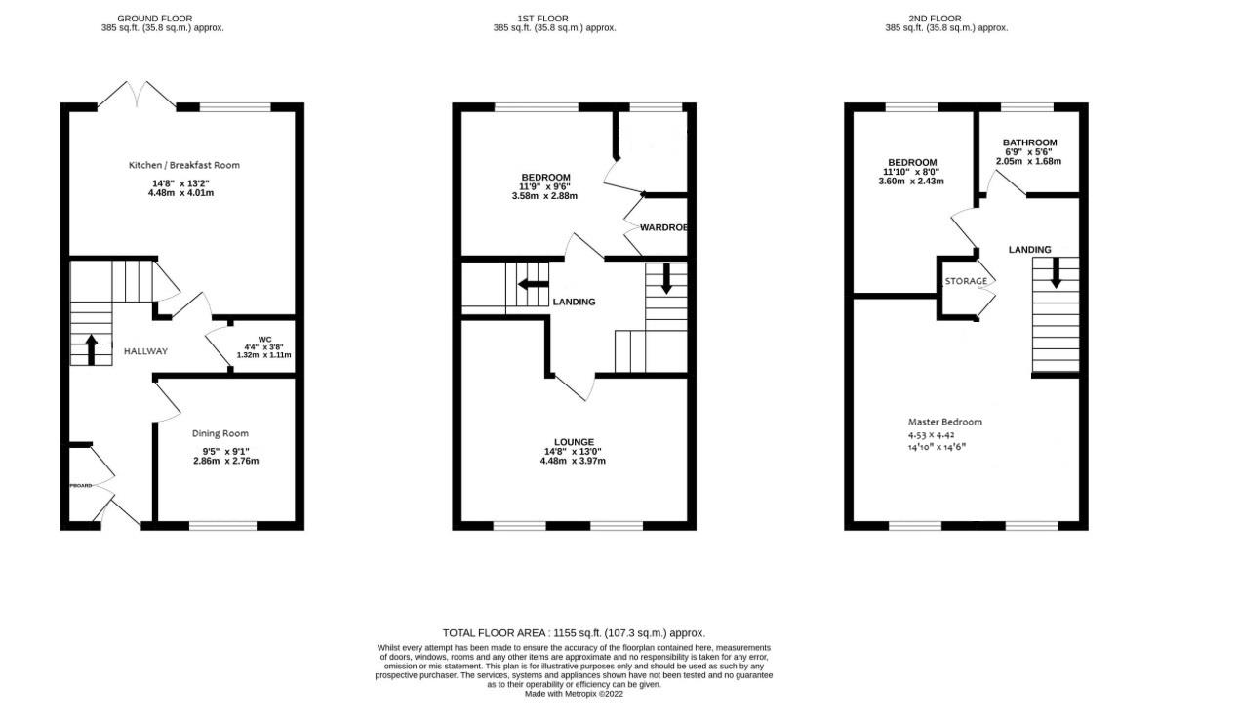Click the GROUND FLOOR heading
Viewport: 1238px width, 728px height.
click(154, 19)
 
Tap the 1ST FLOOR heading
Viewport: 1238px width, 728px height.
click(542, 19)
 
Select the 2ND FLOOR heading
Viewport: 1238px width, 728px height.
click(935, 19)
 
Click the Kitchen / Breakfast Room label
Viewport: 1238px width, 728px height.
click(183, 165)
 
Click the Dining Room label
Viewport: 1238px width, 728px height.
click(220, 433)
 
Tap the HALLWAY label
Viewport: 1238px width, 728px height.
click(144, 351)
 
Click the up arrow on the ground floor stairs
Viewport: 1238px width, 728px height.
click(92, 347)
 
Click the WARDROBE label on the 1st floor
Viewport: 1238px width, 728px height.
click(663, 227)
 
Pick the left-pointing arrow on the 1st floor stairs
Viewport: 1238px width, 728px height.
click(533, 285)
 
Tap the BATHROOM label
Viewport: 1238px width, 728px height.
click(1029, 142)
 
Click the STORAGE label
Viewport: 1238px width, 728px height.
click(966, 281)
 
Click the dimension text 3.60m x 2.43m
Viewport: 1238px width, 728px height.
click(910, 182)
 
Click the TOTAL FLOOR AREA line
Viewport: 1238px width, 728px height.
click(574, 633)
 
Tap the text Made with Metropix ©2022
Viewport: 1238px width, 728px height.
click(574, 694)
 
